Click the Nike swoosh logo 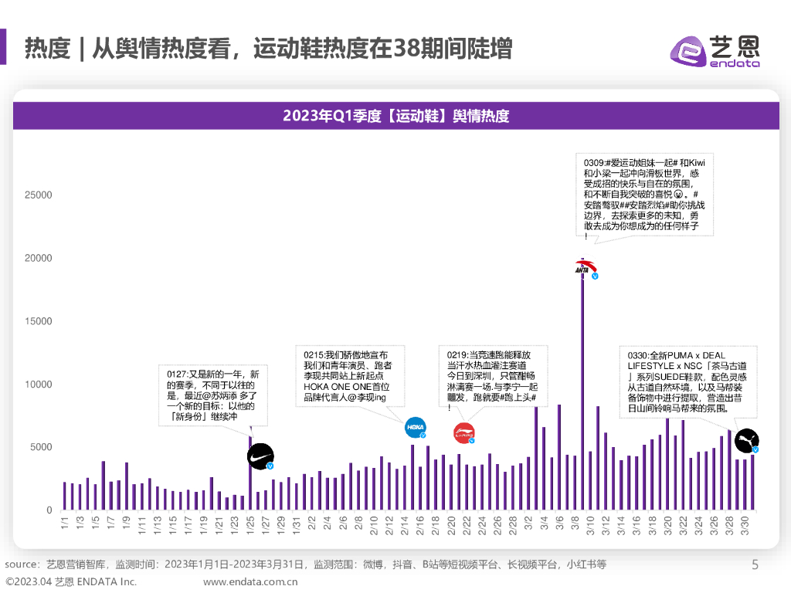260,457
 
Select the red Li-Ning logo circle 463,434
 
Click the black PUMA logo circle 746,440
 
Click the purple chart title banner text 395,116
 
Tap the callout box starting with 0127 212,394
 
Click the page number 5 755,565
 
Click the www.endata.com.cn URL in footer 250,581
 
